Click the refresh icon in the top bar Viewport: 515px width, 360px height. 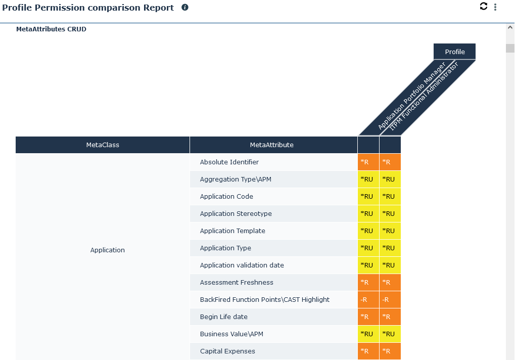tap(484, 6)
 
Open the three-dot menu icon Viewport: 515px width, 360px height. tap(495, 7)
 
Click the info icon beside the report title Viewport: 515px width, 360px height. tap(185, 8)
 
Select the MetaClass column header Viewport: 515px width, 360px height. tap(103, 145)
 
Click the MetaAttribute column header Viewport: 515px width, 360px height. tap(272, 145)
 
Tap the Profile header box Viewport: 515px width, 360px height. tap(454, 52)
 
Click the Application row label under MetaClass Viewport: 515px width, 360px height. tap(107, 250)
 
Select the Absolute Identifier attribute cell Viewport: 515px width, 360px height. tap(229, 162)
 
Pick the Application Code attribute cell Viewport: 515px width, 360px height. tap(226, 196)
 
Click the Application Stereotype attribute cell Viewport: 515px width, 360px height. tap(236, 213)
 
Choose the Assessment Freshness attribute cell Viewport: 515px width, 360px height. tap(237, 282)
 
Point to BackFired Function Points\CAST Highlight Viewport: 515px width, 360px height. tap(264, 299)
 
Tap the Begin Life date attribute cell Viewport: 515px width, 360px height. tap(224, 317)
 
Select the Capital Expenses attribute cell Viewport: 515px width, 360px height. tap(227, 351)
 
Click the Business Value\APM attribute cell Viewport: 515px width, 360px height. tap(231, 334)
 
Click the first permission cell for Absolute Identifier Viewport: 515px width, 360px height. tap(368, 162)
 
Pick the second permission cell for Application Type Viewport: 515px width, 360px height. tap(390, 248)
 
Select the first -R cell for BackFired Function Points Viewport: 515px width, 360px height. tap(368, 299)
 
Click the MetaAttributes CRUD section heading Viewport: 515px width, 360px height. tap(51, 29)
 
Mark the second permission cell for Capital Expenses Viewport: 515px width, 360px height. tap(390, 351)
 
